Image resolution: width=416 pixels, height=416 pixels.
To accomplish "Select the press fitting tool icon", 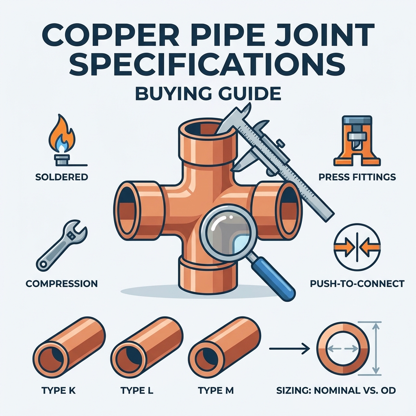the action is (x=357, y=141).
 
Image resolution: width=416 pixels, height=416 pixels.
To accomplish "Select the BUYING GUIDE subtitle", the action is (x=208, y=94).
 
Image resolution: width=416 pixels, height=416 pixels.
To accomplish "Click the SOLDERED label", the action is (x=62, y=177).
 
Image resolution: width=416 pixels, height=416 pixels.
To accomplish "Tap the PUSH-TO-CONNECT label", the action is (x=357, y=284).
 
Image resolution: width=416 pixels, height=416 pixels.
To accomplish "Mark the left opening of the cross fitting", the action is (x=127, y=207).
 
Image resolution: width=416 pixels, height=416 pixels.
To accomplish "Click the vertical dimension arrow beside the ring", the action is (x=375, y=349).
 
